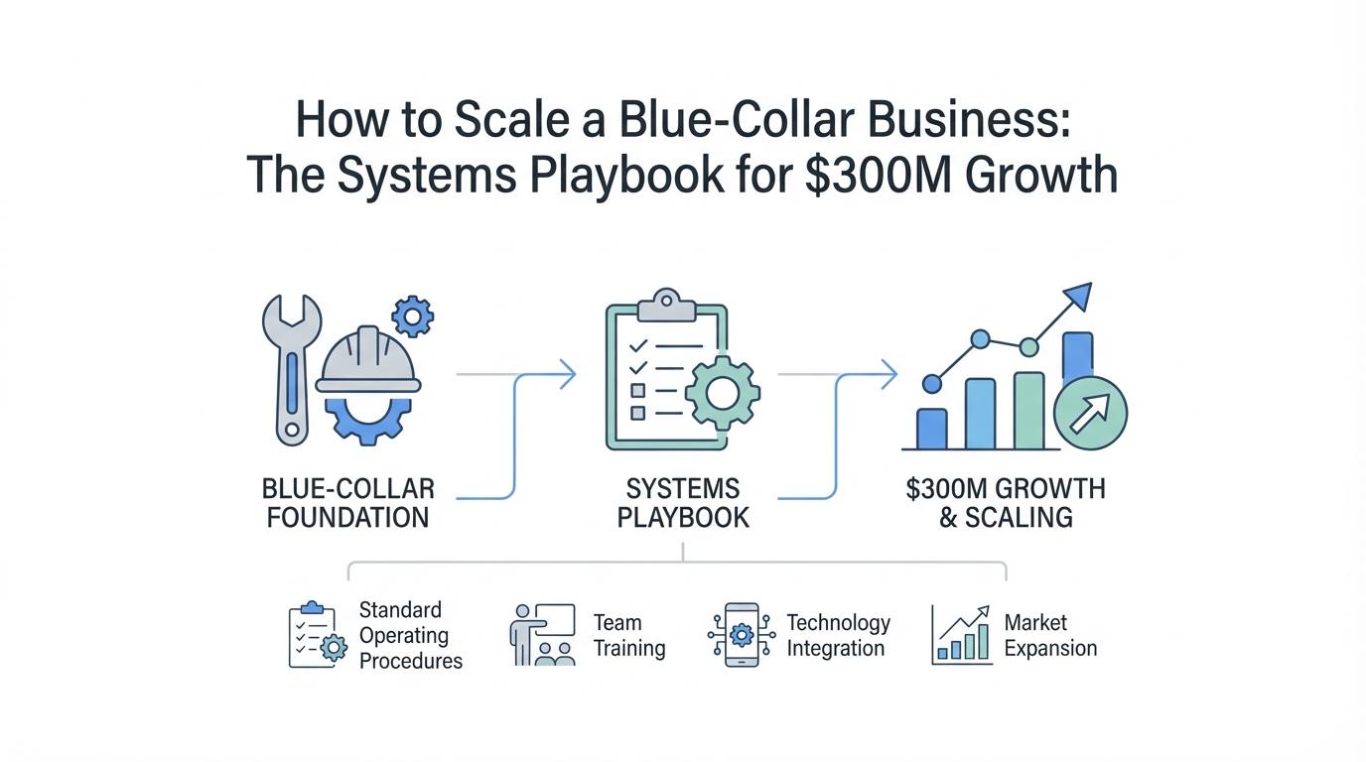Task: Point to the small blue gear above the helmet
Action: click(x=412, y=317)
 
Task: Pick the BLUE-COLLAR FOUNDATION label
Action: click(x=347, y=502)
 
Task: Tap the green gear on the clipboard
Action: click(x=722, y=393)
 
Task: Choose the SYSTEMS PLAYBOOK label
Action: click(x=683, y=502)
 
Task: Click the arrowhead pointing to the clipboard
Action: click(x=568, y=374)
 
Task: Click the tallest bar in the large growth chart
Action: click(x=1078, y=358)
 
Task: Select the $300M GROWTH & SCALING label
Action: click(x=1006, y=502)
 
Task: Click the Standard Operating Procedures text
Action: click(x=410, y=635)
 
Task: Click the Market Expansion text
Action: click(x=1049, y=636)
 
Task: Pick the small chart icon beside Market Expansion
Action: click(x=961, y=634)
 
